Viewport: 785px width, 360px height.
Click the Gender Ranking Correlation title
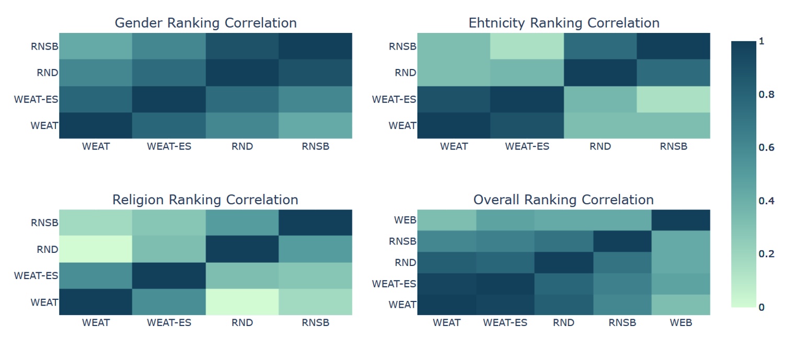[205, 23]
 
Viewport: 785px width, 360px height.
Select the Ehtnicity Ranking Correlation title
[563, 23]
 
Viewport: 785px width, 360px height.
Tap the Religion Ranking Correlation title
[205, 200]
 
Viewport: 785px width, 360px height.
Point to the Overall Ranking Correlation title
[563, 200]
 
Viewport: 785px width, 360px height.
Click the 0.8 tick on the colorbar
[766, 95]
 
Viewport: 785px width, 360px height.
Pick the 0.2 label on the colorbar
[766, 254]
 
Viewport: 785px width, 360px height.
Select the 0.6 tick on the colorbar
[766, 148]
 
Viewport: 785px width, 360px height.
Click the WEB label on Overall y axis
[406, 220]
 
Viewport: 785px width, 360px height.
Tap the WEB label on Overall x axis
[680, 322]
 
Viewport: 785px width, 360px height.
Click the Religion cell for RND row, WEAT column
[96, 249]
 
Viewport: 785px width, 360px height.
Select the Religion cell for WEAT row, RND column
[242, 302]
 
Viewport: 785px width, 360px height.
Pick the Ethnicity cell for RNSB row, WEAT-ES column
[527, 46]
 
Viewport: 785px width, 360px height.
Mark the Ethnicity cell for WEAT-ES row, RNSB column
[673, 99]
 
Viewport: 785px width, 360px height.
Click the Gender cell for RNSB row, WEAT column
[96, 46]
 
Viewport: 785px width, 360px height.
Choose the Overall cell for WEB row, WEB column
[680, 220]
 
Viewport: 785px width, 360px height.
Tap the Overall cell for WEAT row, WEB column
[680, 305]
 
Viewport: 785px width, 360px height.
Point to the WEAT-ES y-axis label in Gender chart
[36, 99]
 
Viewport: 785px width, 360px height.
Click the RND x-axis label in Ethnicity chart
[600, 146]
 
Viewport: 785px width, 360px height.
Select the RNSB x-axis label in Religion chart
[315, 322]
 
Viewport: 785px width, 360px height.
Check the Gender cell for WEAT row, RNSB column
[315, 125]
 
